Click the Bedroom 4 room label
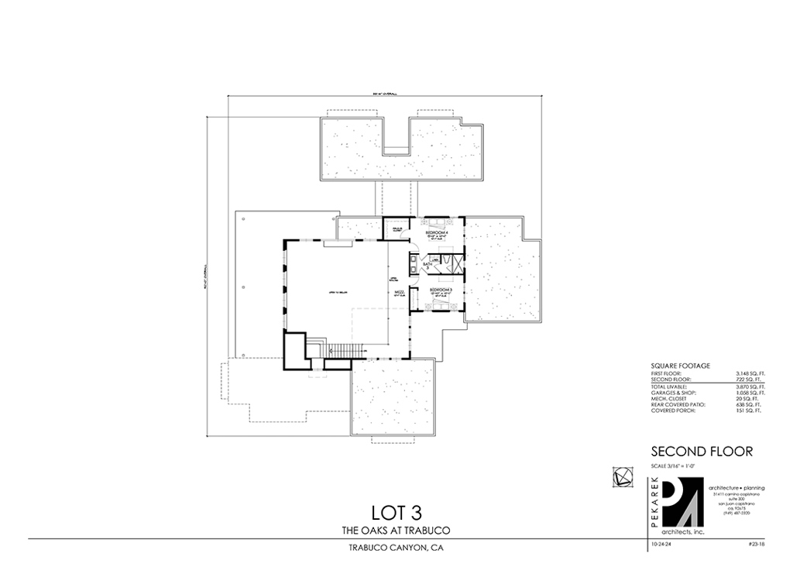[x=439, y=232]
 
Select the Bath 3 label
[x=427, y=266]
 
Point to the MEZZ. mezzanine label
[x=400, y=293]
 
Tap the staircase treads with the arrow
[x=342, y=350]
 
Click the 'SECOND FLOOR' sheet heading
[x=702, y=452]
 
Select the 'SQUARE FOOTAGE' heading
[x=680, y=366]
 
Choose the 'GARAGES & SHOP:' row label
[x=672, y=392]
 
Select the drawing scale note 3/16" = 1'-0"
[x=672, y=466]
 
